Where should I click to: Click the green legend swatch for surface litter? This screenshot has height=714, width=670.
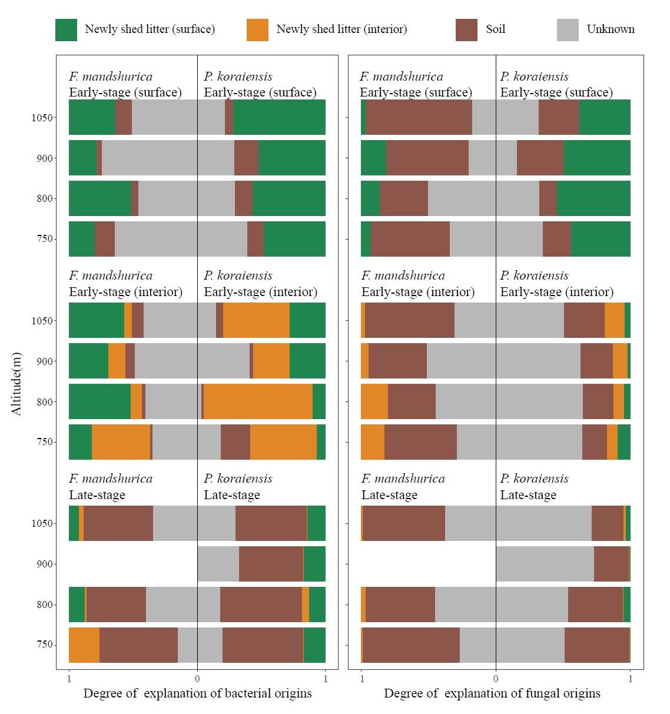click(66, 30)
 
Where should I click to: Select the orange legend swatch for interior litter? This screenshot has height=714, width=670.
click(257, 30)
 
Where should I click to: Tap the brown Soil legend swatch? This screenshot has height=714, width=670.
click(466, 30)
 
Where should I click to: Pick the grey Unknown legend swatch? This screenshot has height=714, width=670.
click(568, 30)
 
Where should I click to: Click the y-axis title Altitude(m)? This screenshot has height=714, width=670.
click(16, 383)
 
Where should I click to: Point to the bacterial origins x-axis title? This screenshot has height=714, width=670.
click(197, 693)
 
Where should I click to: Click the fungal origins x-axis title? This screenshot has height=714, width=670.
click(492, 693)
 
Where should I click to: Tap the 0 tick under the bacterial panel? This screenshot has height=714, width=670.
click(197, 679)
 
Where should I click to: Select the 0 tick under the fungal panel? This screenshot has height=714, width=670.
click(496, 679)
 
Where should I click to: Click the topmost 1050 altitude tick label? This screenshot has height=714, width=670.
click(42, 118)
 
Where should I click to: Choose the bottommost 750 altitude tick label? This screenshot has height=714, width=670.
click(45, 645)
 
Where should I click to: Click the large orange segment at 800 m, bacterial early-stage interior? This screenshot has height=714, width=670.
click(258, 401)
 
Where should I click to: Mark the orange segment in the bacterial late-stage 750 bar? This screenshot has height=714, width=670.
click(84, 645)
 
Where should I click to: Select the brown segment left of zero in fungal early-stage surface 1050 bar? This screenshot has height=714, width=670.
click(419, 117)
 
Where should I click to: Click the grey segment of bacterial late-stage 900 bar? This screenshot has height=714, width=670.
click(218, 564)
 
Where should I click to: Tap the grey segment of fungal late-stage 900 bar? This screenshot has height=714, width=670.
click(545, 564)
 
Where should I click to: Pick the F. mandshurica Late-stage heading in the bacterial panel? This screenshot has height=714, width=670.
click(110, 487)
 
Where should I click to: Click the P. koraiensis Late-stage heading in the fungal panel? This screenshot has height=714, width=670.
click(533, 487)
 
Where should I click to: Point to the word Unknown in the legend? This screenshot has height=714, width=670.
click(611, 29)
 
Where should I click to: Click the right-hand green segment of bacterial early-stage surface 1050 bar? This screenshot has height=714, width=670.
click(279, 117)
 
